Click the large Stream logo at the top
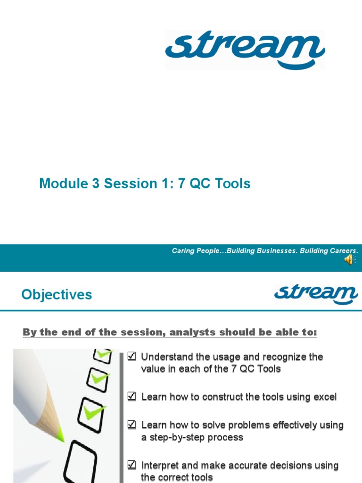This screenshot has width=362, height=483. click(245, 50)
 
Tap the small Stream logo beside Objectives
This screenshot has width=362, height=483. click(316, 295)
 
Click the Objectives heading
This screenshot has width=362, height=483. click(57, 295)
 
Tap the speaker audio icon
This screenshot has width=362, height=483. click(350, 260)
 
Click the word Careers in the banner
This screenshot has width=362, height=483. click(343, 251)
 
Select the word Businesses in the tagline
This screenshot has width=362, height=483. click(276, 251)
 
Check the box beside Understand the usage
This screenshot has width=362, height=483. click(132, 357)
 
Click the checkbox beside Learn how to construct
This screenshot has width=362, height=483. click(132, 397)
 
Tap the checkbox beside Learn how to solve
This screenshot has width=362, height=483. click(132, 425)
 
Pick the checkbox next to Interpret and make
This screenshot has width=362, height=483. click(132, 466)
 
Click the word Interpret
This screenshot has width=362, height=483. click(161, 466)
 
